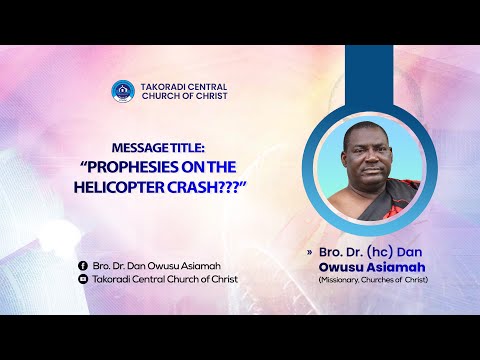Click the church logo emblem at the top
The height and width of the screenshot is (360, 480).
(122, 90)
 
